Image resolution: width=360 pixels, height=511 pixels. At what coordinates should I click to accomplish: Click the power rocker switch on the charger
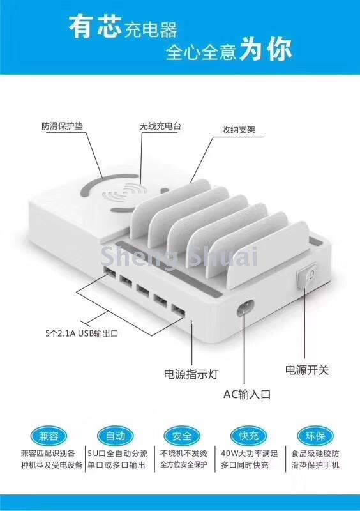307,276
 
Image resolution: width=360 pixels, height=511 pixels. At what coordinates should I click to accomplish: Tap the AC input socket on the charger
245,308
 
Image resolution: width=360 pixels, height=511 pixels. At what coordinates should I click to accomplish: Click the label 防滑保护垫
62,126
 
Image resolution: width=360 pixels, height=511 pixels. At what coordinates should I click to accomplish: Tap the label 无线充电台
160,126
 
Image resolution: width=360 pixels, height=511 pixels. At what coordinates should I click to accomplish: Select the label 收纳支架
239,130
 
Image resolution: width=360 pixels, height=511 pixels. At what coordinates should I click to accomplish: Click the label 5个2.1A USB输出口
82,333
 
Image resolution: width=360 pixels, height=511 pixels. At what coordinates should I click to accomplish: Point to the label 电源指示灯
191,374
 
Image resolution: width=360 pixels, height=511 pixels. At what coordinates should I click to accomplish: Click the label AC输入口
247,394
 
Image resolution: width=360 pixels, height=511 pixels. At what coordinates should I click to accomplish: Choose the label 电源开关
307,370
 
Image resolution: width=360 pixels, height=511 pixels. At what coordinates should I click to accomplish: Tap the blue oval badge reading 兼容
49,436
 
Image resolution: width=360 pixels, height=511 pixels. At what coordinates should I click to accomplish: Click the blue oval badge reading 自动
116,436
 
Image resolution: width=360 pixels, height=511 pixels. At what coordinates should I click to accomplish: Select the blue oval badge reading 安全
182,436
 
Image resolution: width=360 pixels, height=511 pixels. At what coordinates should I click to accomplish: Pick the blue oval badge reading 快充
248,436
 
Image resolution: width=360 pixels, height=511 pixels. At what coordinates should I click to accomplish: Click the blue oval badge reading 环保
315,436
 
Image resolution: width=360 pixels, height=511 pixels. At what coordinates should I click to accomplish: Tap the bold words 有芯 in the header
95,27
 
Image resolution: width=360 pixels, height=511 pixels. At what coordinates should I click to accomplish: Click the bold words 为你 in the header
266,50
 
